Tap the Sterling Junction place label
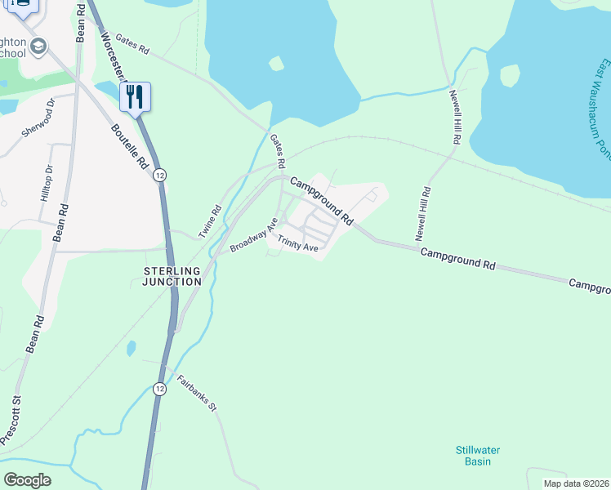[167, 276]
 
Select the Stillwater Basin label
[477, 456]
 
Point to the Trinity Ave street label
[297, 243]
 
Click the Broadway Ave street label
[254, 234]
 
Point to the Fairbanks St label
[195, 394]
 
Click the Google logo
[27, 480]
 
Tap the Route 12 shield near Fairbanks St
[158, 389]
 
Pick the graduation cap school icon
[38, 48]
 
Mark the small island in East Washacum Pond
[510, 76]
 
